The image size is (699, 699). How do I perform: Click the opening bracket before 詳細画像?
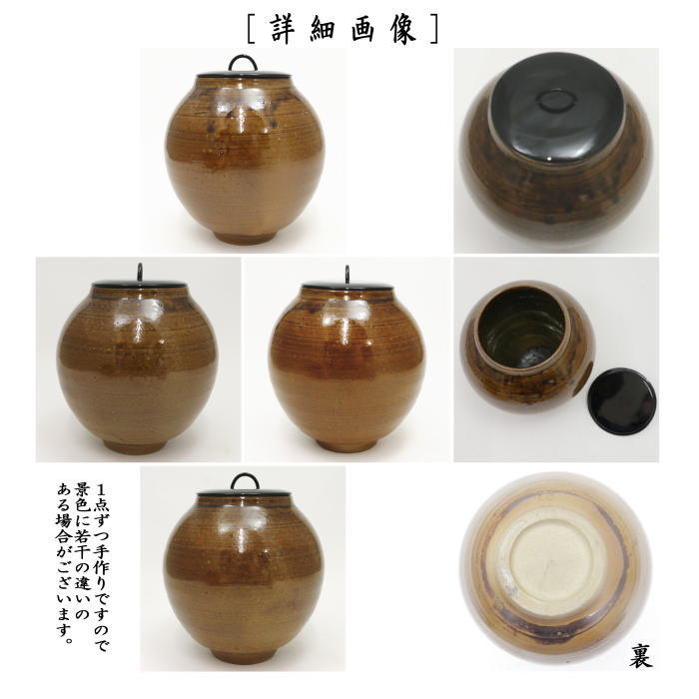pos(252,27)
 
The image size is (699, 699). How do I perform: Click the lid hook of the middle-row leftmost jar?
pos(139,270)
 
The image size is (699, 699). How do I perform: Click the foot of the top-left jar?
pos(244,238)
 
